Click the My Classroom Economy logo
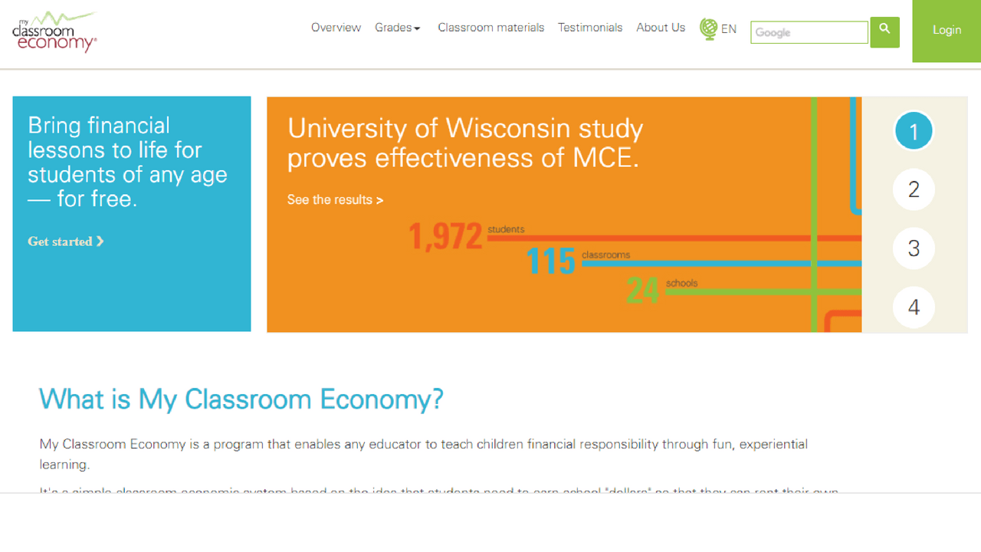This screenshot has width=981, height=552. click(54, 32)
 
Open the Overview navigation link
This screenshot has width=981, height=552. click(336, 28)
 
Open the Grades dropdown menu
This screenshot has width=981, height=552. click(397, 28)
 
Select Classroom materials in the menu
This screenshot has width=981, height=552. click(490, 28)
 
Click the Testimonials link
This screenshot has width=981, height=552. click(590, 28)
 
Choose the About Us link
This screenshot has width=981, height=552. click(661, 28)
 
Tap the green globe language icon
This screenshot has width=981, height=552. click(708, 29)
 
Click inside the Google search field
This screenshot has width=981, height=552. click(809, 32)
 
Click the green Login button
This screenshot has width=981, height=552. click(947, 31)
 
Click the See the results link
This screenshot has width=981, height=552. click(335, 200)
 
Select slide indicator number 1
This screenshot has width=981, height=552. click(914, 131)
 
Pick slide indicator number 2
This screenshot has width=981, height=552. click(914, 189)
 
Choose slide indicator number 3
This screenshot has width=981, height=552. click(914, 248)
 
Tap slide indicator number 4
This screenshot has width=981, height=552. click(914, 307)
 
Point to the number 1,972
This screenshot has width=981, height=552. click(445, 236)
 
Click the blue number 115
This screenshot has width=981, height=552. click(550, 262)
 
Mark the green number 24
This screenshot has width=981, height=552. click(642, 291)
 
